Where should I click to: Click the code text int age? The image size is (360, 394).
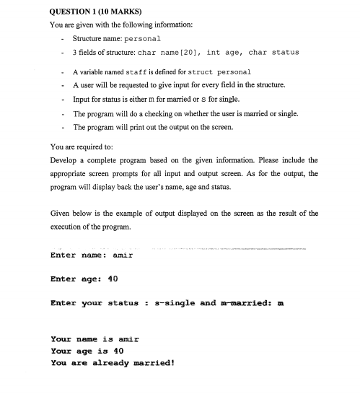(x=227, y=53)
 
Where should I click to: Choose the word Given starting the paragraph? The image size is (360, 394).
(x=63, y=214)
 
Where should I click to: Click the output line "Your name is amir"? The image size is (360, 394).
(x=95, y=338)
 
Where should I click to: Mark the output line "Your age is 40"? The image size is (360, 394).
(x=88, y=351)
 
